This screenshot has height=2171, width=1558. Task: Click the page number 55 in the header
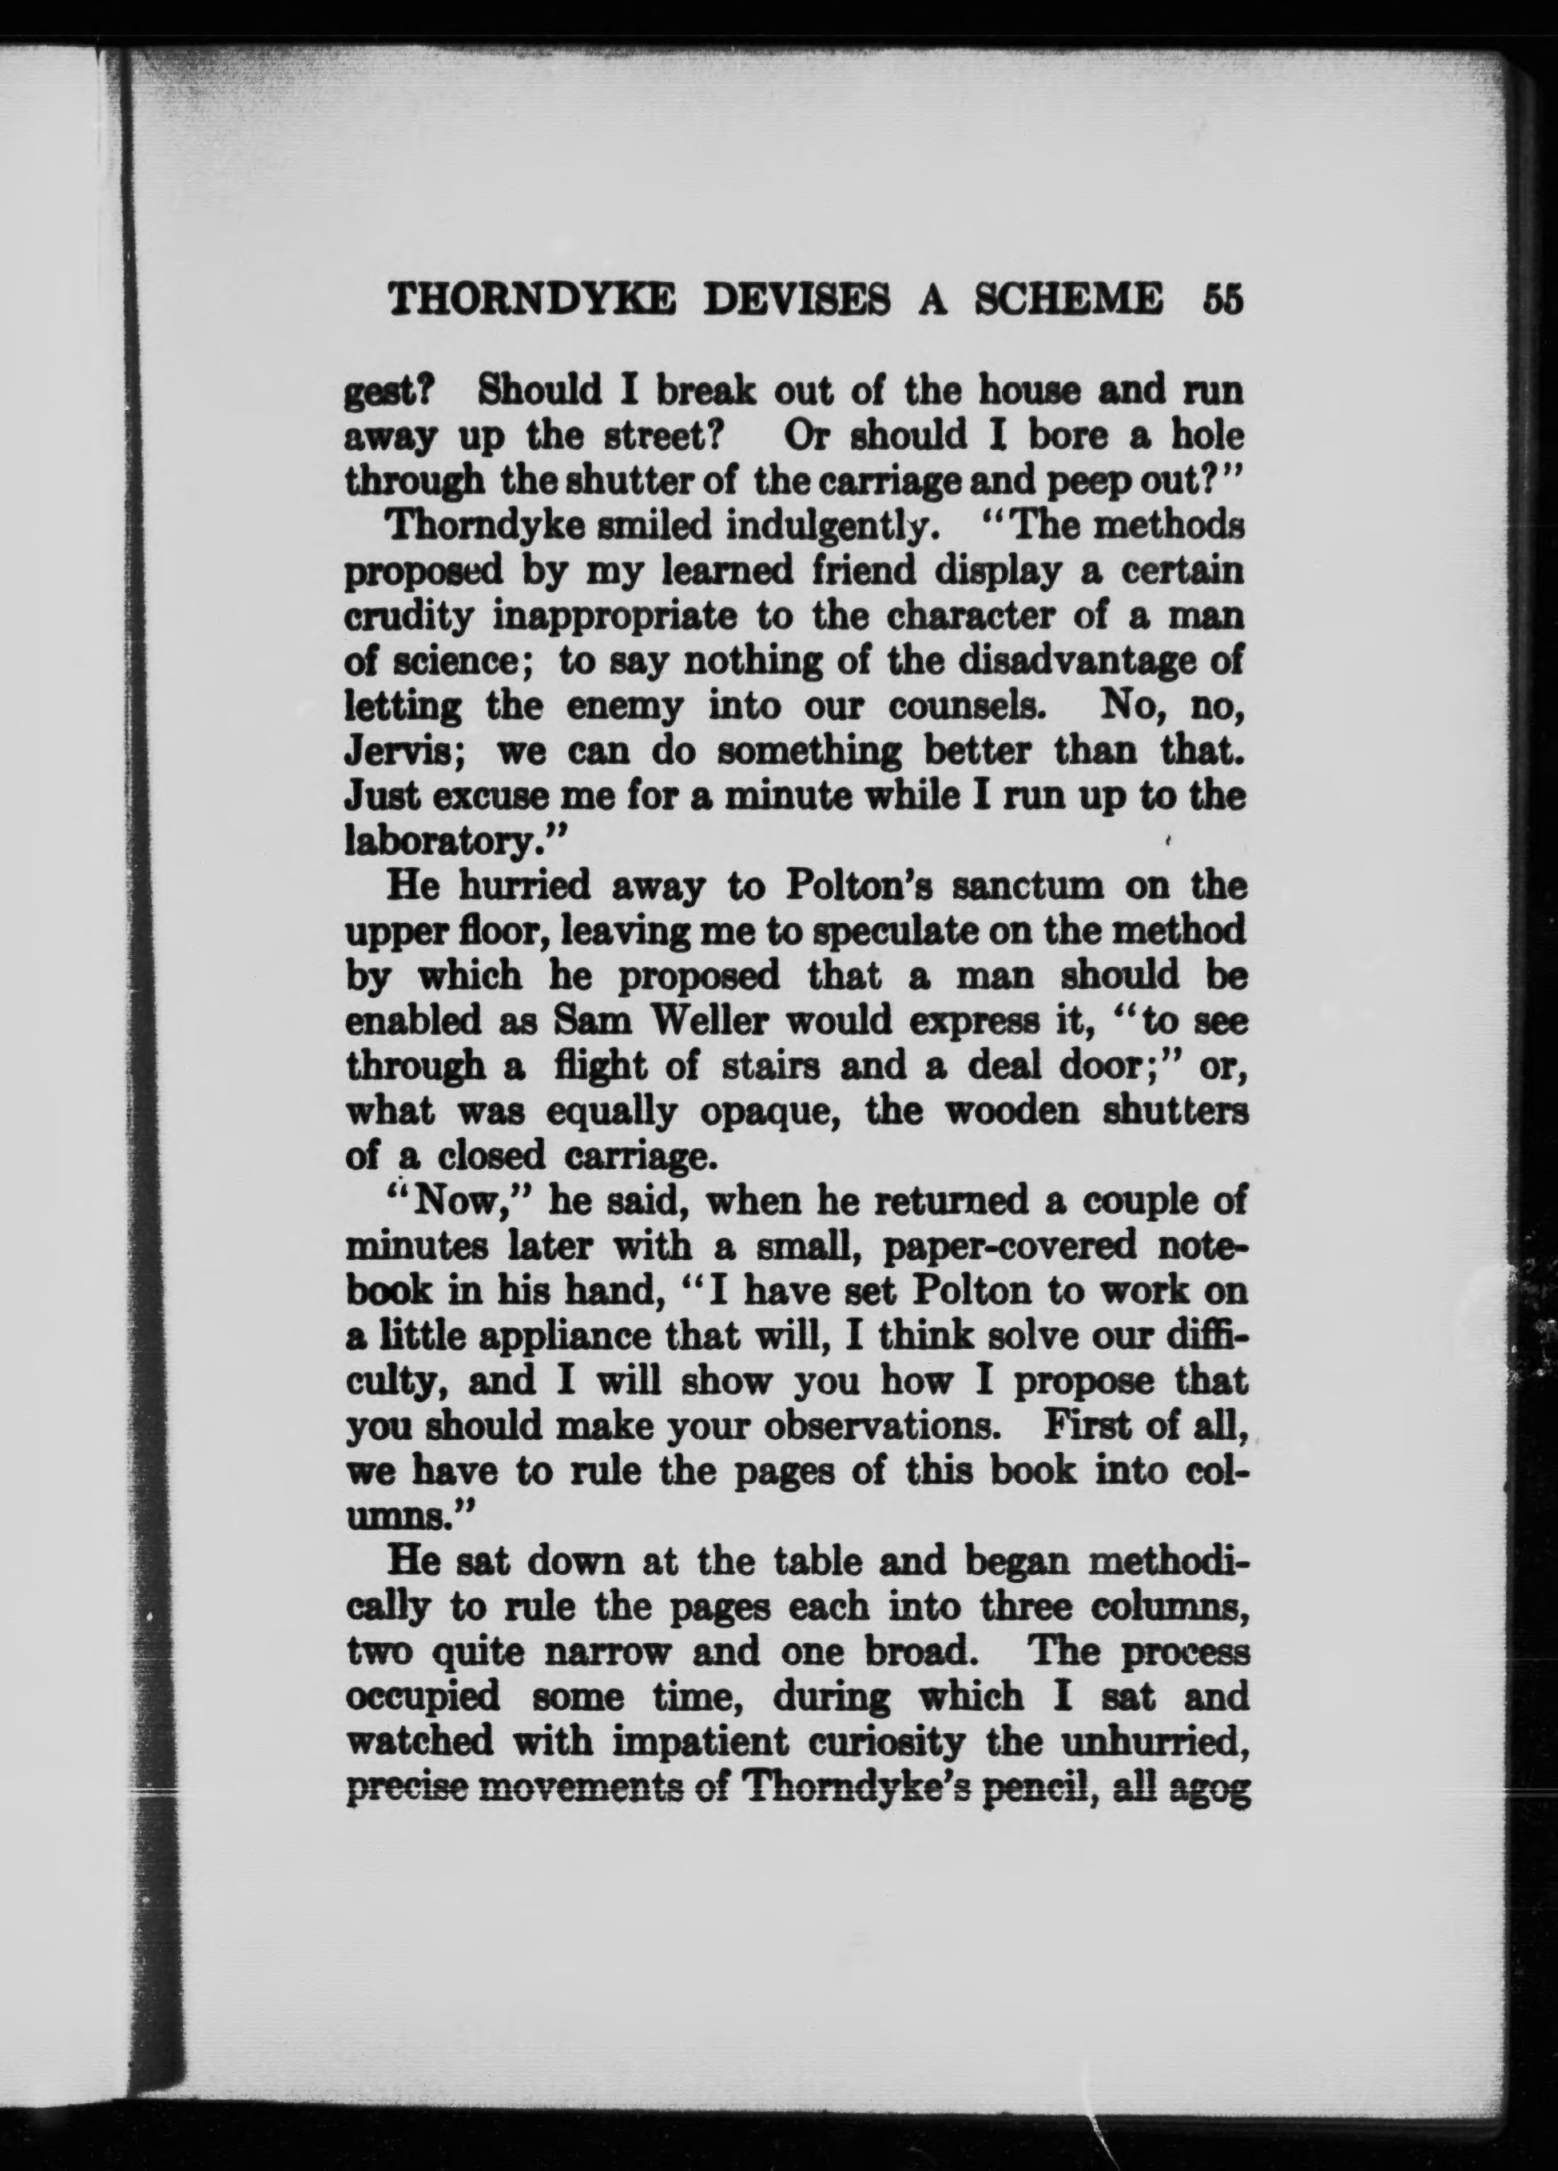click(x=1223, y=300)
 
